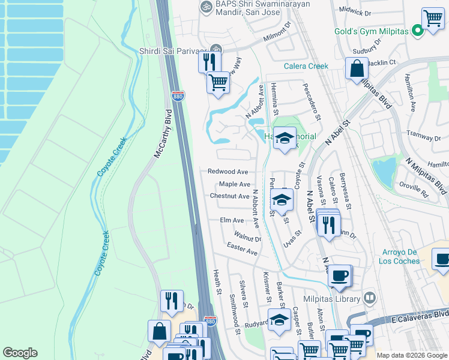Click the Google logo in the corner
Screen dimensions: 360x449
tap(20, 353)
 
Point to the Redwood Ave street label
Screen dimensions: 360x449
tap(228, 172)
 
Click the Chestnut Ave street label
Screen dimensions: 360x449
tap(229, 196)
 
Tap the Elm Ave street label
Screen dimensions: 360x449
tap(232, 221)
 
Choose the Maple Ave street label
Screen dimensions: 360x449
tap(234, 184)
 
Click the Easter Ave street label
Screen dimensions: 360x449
tap(242, 249)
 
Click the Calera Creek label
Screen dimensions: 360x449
tap(306, 66)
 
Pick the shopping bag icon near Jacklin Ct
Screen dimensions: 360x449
tap(357, 69)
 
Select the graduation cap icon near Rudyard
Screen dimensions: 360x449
tap(279, 320)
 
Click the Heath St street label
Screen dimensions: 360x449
tap(217, 281)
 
